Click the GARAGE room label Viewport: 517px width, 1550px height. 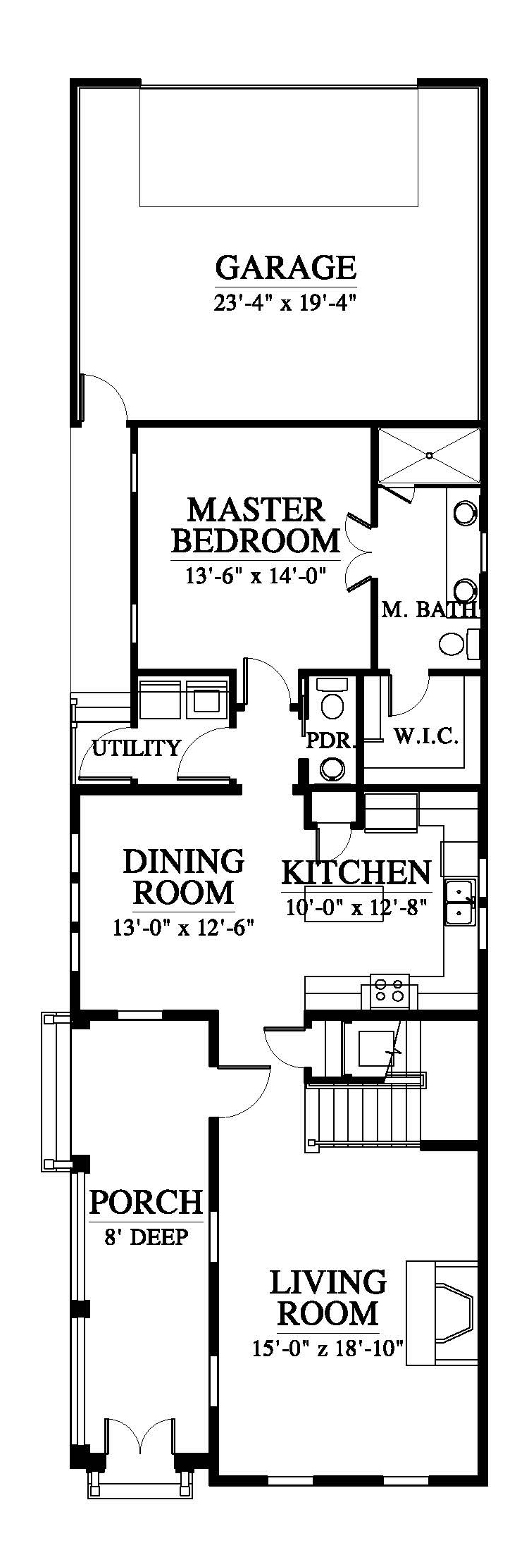pos(285,268)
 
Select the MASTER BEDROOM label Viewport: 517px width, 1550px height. pos(256,526)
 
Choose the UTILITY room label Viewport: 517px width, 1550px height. pos(137,748)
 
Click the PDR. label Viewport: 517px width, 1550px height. pos(330,740)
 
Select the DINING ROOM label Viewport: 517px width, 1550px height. pos(184,876)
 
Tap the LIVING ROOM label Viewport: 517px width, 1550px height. pos(328,1298)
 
